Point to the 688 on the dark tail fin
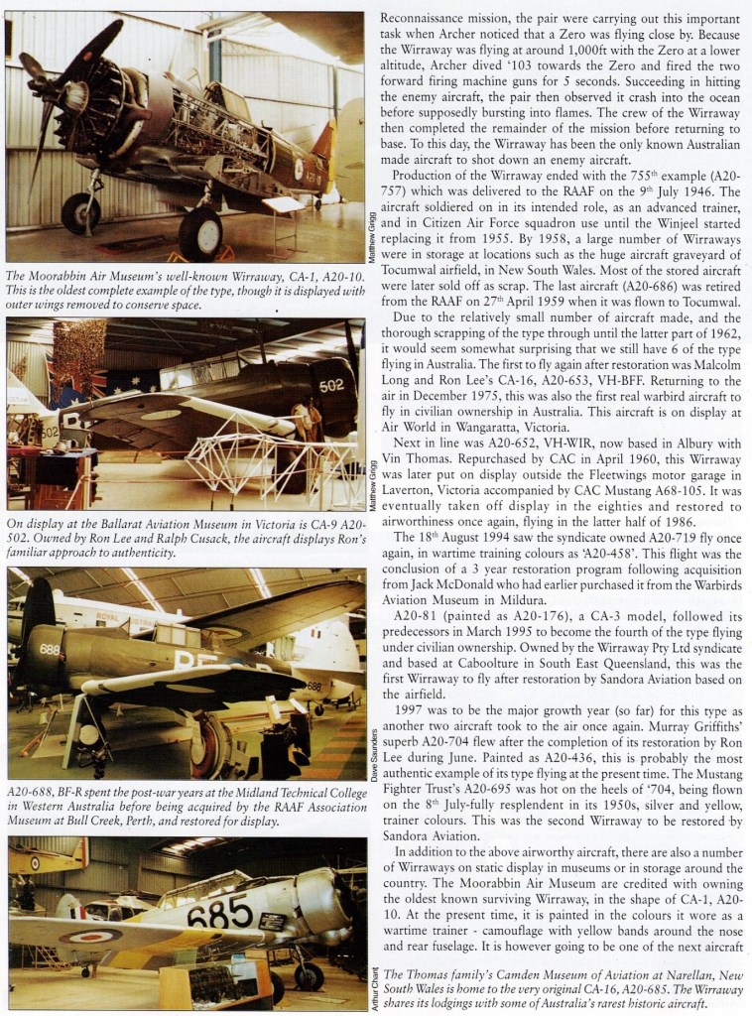(50, 649)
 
